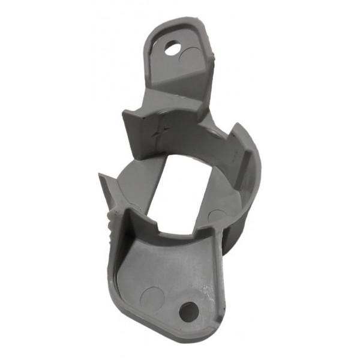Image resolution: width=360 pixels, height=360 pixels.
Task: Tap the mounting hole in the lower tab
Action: pos(188,310)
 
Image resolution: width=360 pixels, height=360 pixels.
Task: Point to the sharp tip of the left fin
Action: pos(100,176)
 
